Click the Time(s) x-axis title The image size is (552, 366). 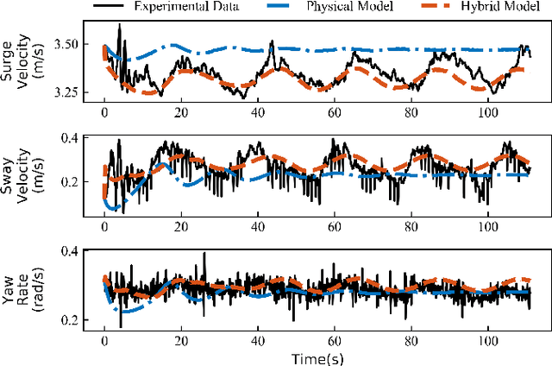[315, 357]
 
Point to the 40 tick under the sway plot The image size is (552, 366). [257, 227]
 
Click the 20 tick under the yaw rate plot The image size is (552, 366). [180, 339]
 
